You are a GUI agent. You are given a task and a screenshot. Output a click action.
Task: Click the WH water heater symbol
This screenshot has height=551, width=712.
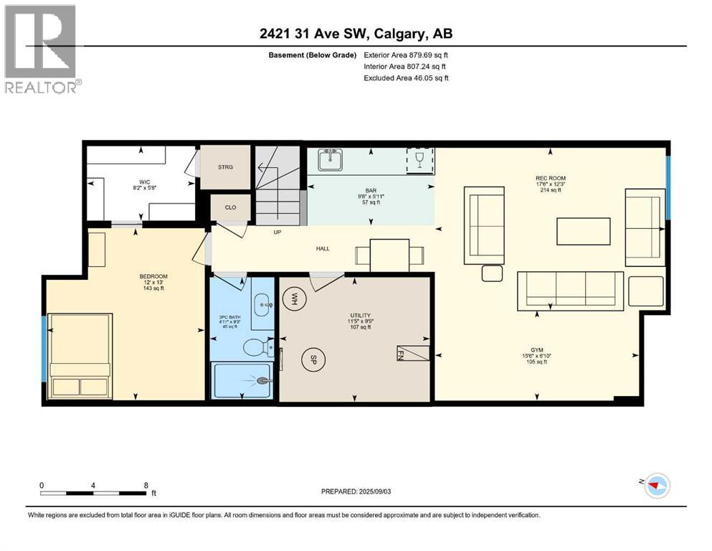[x=294, y=296]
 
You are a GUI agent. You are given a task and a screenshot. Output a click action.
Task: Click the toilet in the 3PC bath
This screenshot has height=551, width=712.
[x=255, y=349]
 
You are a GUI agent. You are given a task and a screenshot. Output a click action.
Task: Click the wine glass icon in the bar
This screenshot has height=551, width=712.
[x=420, y=160]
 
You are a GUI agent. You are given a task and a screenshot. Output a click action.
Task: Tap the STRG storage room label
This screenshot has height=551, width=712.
[x=225, y=167]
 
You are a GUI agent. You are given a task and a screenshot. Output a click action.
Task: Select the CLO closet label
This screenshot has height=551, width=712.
[x=230, y=207]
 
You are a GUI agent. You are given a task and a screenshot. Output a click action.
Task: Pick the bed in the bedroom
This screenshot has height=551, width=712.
[x=80, y=356]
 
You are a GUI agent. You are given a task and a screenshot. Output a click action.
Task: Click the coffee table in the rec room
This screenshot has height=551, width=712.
[x=584, y=232]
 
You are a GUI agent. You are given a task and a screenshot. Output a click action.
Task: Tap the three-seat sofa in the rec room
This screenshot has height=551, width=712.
[x=571, y=290]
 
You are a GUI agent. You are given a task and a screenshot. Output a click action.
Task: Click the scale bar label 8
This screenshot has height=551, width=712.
[x=146, y=485]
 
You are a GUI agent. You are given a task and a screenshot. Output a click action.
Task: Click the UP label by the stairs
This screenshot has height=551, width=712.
[x=277, y=232]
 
